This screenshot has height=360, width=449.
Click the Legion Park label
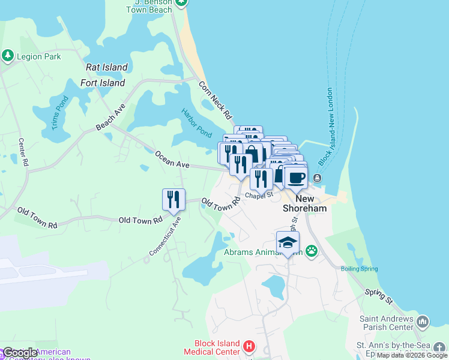click(x=40, y=56)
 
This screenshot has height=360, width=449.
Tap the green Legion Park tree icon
click(x=7, y=56)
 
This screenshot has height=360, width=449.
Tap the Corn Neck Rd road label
click(x=214, y=100)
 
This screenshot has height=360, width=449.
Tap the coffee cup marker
click(x=297, y=177)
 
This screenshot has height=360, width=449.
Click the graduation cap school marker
click(x=288, y=243)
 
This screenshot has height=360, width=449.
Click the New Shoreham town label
click(x=305, y=203)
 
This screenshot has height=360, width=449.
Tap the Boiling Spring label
click(x=360, y=269)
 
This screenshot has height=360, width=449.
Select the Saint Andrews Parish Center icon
click(x=422, y=323)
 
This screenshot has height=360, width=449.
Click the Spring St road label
click(x=378, y=295)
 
